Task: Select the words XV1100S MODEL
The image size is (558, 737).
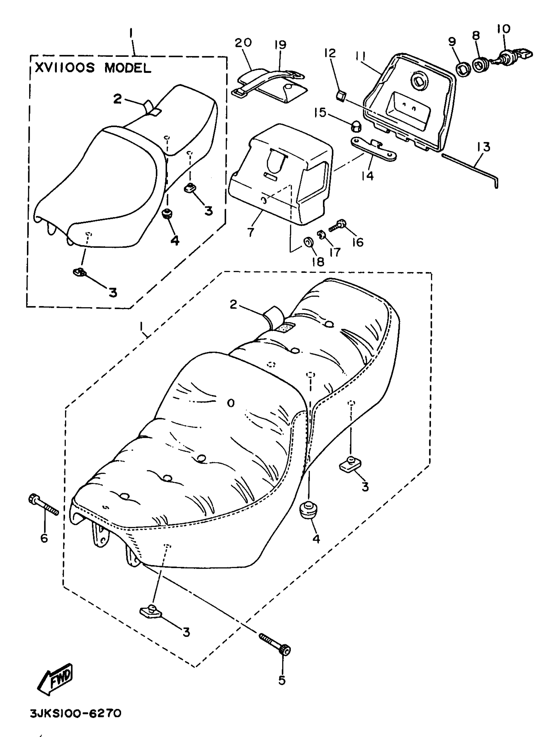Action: [93, 68]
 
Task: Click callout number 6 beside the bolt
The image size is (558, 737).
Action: [44, 538]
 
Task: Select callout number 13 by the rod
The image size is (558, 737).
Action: [483, 147]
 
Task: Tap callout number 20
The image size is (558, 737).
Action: [243, 43]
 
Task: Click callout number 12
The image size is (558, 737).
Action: [330, 53]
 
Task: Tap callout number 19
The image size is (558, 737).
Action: [281, 44]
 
